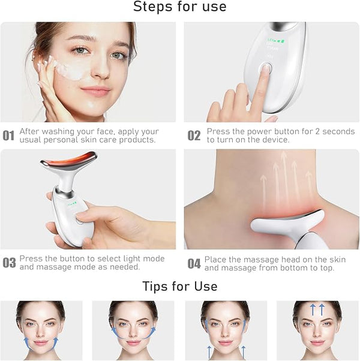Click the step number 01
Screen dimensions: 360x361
coord(8,136)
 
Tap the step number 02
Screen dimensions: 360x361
coord(194,136)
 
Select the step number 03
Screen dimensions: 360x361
coord(9,263)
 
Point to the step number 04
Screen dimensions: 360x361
coord(194,264)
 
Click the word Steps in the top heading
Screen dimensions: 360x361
coord(153,7)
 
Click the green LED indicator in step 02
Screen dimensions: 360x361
coord(276,41)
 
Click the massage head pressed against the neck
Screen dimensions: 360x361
coord(287,221)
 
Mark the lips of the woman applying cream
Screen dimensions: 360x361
coord(96,91)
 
